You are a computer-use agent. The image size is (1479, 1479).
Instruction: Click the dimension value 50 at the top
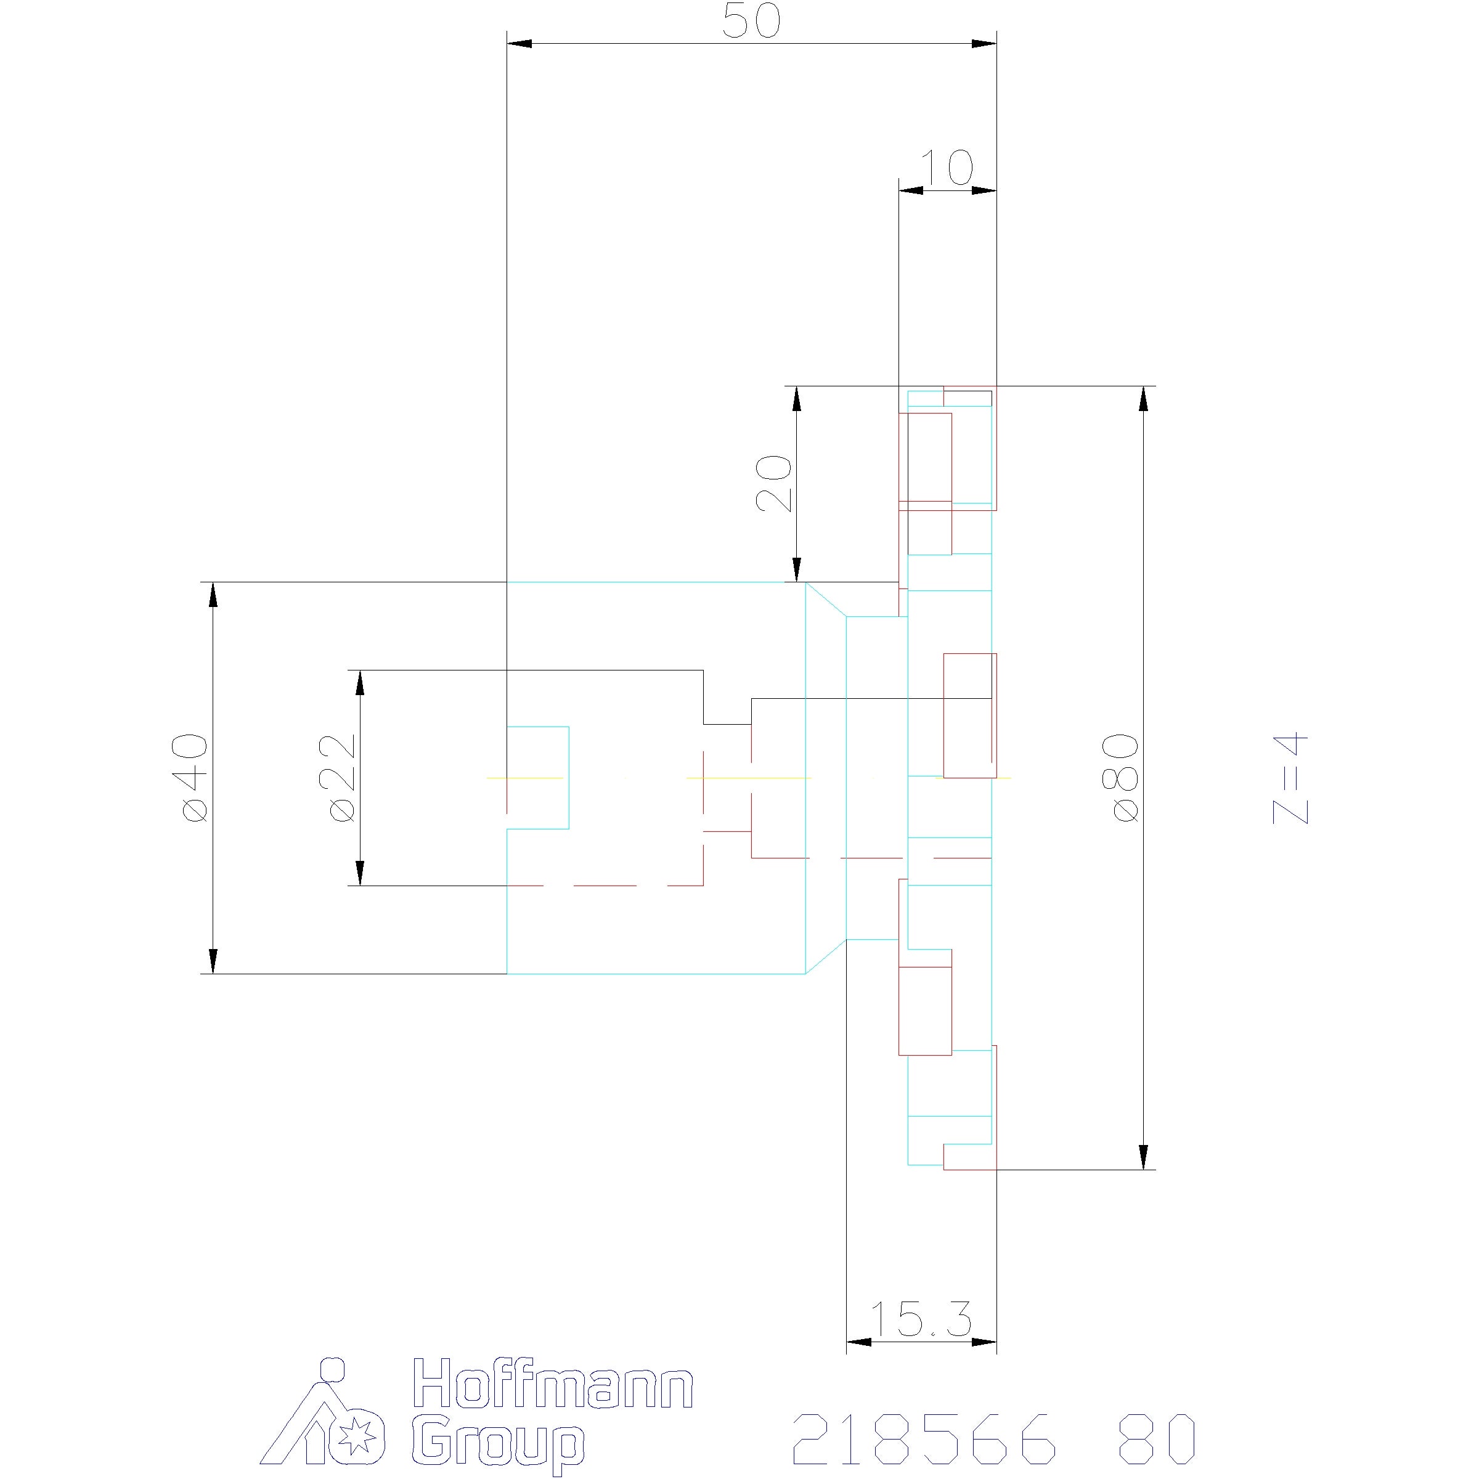point(752,22)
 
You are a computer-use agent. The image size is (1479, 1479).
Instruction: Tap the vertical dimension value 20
point(773,483)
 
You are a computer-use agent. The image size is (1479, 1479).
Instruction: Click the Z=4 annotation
point(1290,780)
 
